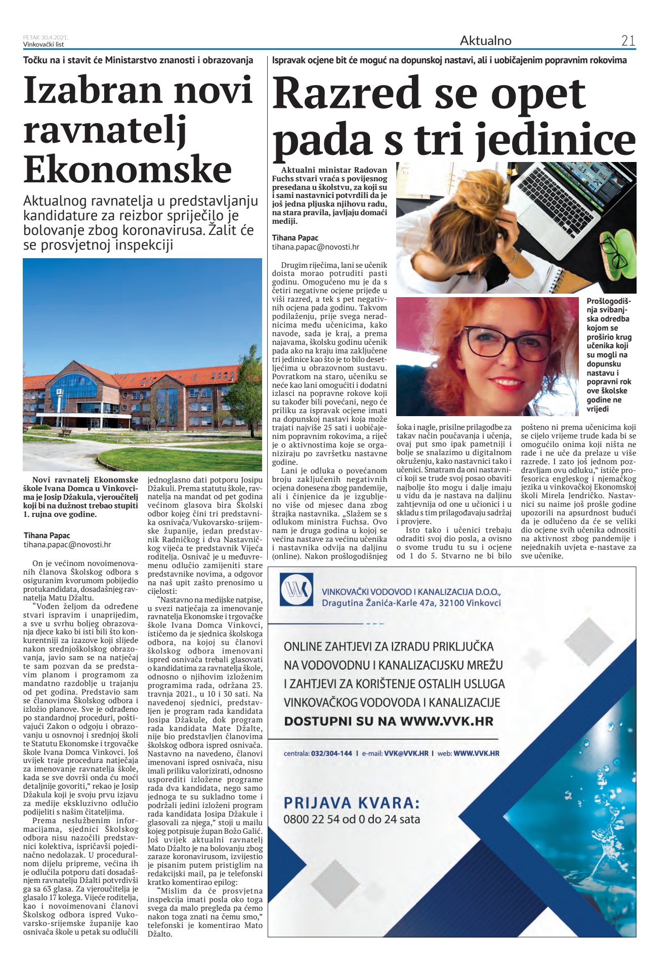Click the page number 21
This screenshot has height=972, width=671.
(627, 41)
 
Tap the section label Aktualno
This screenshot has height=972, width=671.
(485, 41)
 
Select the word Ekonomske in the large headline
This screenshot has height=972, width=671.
(128, 170)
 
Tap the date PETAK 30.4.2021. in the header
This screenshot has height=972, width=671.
(45, 37)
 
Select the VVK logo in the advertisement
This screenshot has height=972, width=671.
(297, 590)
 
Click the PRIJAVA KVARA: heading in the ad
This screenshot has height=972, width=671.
(352, 803)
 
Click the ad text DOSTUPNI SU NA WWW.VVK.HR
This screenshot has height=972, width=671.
(388, 721)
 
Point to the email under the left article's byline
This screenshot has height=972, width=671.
(67, 545)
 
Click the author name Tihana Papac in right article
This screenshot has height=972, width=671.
(295, 238)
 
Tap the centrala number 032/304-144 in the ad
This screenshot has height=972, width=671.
(331, 753)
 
